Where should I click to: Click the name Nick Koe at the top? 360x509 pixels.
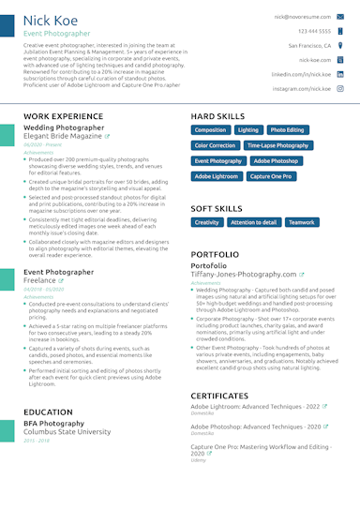pos(52,20)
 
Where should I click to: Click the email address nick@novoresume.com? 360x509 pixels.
pos(302,16)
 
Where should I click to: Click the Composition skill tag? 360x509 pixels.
pos(210,130)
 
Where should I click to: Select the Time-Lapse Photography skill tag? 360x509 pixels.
pos(277,145)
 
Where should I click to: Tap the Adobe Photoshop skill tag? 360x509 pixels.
pos(276,160)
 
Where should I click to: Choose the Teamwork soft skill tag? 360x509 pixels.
pos(301,222)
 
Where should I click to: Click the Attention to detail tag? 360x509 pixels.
pos(253,222)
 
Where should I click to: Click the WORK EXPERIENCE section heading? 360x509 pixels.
pos(64,115)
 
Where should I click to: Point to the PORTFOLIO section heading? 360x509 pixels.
pos(220,254)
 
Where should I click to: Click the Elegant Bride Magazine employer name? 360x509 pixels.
pos(62,136)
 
